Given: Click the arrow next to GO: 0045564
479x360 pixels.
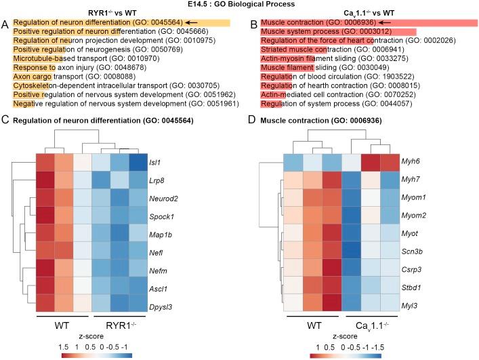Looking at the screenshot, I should point(193,22).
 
